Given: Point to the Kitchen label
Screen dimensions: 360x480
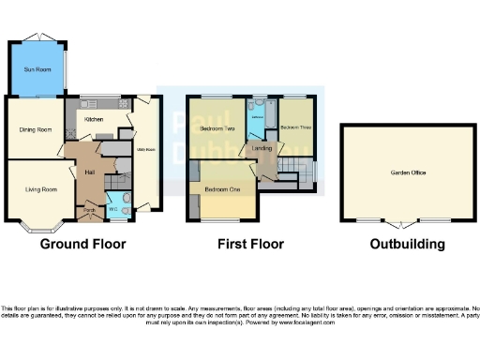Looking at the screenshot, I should click(94, 120).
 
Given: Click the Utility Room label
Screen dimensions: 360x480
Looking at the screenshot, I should click(145, 149).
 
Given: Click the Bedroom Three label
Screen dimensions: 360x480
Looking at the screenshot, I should click(296, 127).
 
